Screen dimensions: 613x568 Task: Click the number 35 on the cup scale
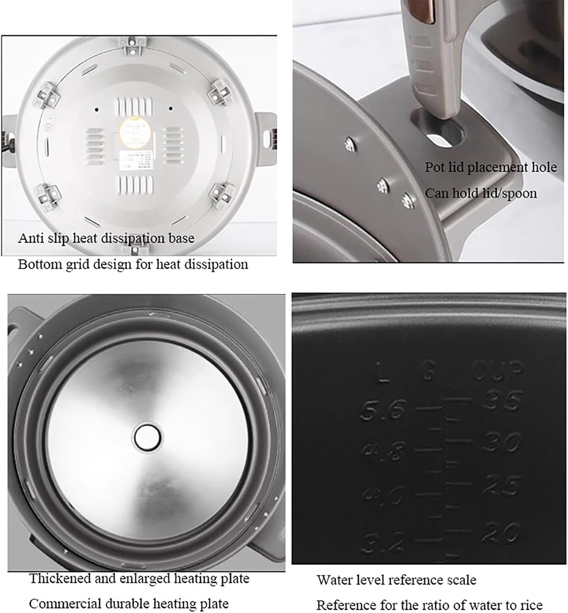click(502, 401)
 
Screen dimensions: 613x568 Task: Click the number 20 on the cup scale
click(500, 532)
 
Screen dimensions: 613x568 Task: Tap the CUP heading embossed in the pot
click(498, 370)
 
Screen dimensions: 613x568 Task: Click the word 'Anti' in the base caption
click(30, 238)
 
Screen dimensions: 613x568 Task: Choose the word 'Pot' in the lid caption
click(434, 167)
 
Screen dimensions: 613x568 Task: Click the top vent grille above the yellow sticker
click(135, 107)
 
